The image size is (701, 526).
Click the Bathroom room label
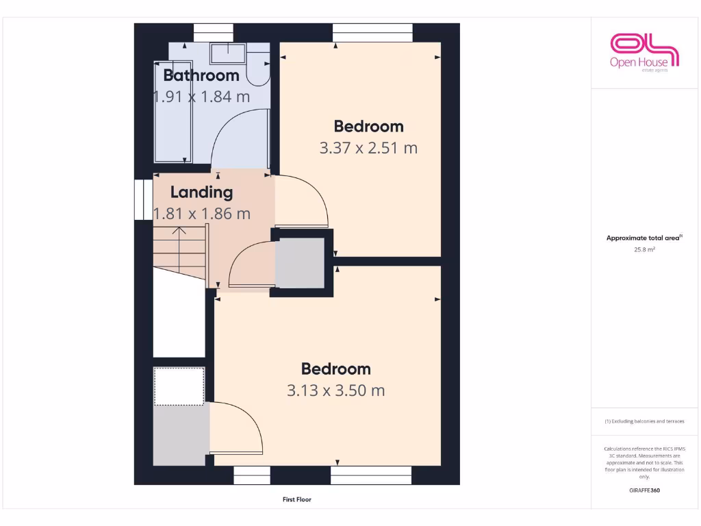[201, 75]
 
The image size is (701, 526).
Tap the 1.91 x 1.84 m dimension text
[201, 97]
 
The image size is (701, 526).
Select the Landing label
[201, 192]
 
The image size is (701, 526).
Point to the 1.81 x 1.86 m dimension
[201, 214]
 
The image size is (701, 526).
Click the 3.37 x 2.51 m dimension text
[368, 147]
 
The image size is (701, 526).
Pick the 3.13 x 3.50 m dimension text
[335, 390]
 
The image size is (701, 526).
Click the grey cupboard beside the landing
[300, 264]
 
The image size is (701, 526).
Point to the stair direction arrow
[179, 240]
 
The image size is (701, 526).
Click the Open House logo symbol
[643, 45]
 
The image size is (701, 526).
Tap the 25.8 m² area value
[644, 250]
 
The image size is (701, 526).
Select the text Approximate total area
[643, 238]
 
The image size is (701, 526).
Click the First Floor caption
[297, 500]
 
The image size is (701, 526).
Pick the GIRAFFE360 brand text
[644, 490]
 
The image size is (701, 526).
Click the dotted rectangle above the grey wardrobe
[179, 386]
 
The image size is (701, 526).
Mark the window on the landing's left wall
[142, 199]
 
